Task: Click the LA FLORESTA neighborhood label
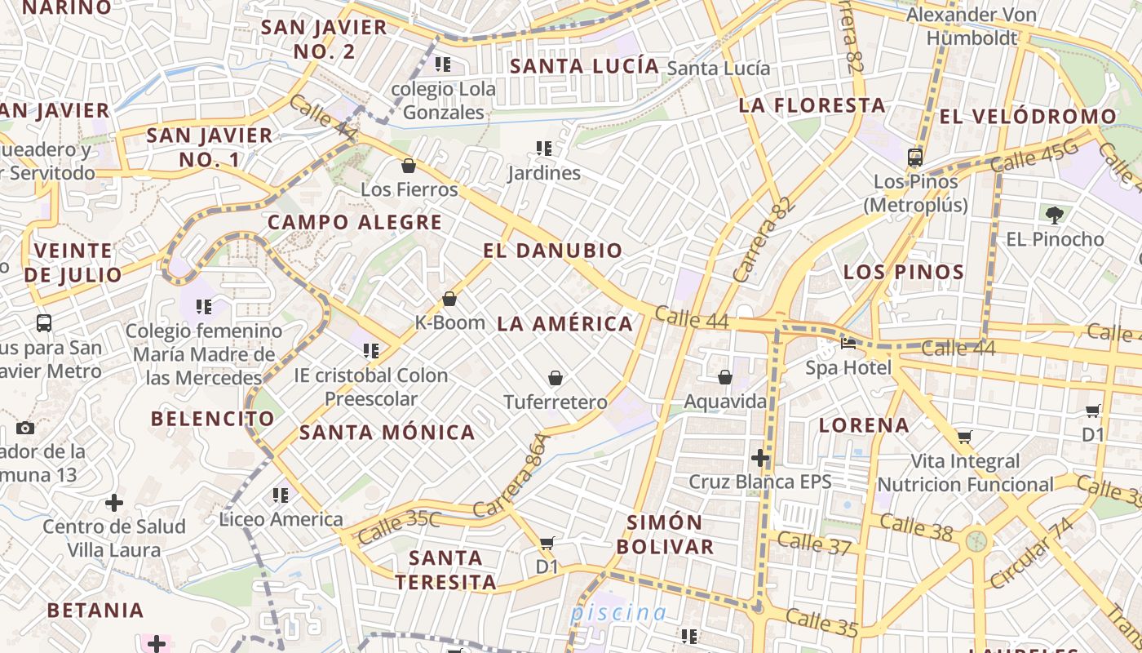coord(812,105)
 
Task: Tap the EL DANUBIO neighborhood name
coord(552,251)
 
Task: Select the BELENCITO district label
coord(213,419)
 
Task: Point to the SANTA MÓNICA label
coord(387,433)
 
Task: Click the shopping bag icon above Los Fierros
coord(409,167)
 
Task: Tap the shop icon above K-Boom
coord(449,300)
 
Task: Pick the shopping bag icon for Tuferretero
coord(556,378)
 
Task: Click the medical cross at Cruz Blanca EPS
coord(760,458)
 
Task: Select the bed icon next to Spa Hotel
coord(848,344)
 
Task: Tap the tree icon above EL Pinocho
coord(1054,215)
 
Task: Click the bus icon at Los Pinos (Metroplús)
coord(915,158)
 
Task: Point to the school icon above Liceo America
coord(281,495)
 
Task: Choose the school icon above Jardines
coord(544,149)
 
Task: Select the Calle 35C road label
coord(399,527)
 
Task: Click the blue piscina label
coord(618,612)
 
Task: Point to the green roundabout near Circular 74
coord(976,540)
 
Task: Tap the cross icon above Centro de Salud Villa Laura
coord(114,502)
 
